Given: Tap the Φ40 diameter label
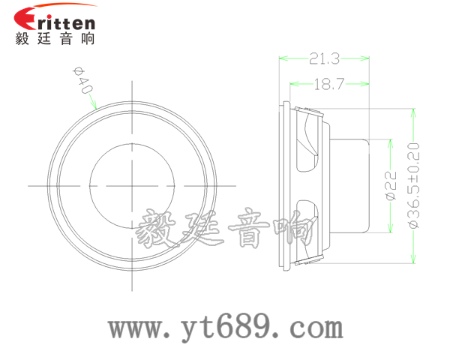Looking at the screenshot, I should (83, 79).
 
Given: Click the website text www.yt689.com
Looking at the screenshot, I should (225, 328).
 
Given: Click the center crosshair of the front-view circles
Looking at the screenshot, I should (133, 184).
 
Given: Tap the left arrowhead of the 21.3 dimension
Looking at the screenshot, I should (283, 57).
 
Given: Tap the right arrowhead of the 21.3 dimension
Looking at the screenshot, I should (367, 57).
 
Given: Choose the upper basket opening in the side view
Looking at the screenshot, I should (308, 142).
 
